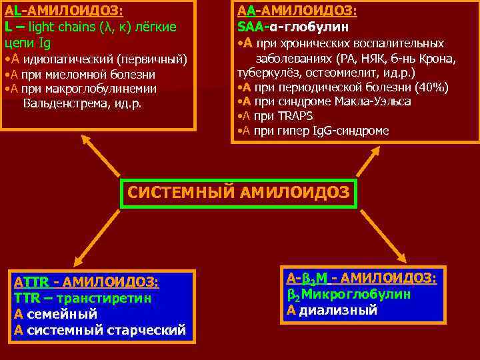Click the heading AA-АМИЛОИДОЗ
(297, 11)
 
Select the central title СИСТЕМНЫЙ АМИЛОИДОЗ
(239, 193)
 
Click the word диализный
(338, 310)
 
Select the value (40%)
(431, 87)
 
